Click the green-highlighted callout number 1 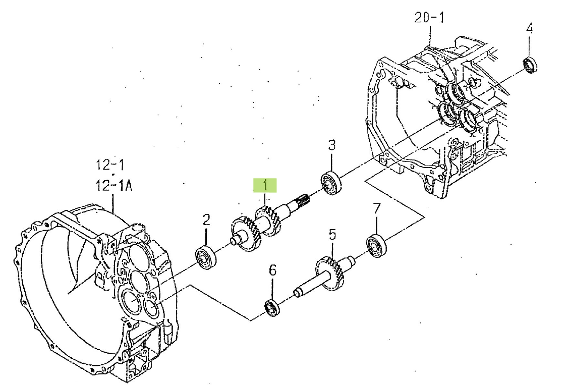pos(265,185)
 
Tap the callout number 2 pos(206,219)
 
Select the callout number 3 pos(332,145)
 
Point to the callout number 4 pos(529,28)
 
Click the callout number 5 pos(332,235)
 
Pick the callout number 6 pos(272,270)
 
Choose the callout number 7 pos(377,208)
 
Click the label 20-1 pos(429,17)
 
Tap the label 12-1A pos(113,186)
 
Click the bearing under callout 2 pos(206,257)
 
